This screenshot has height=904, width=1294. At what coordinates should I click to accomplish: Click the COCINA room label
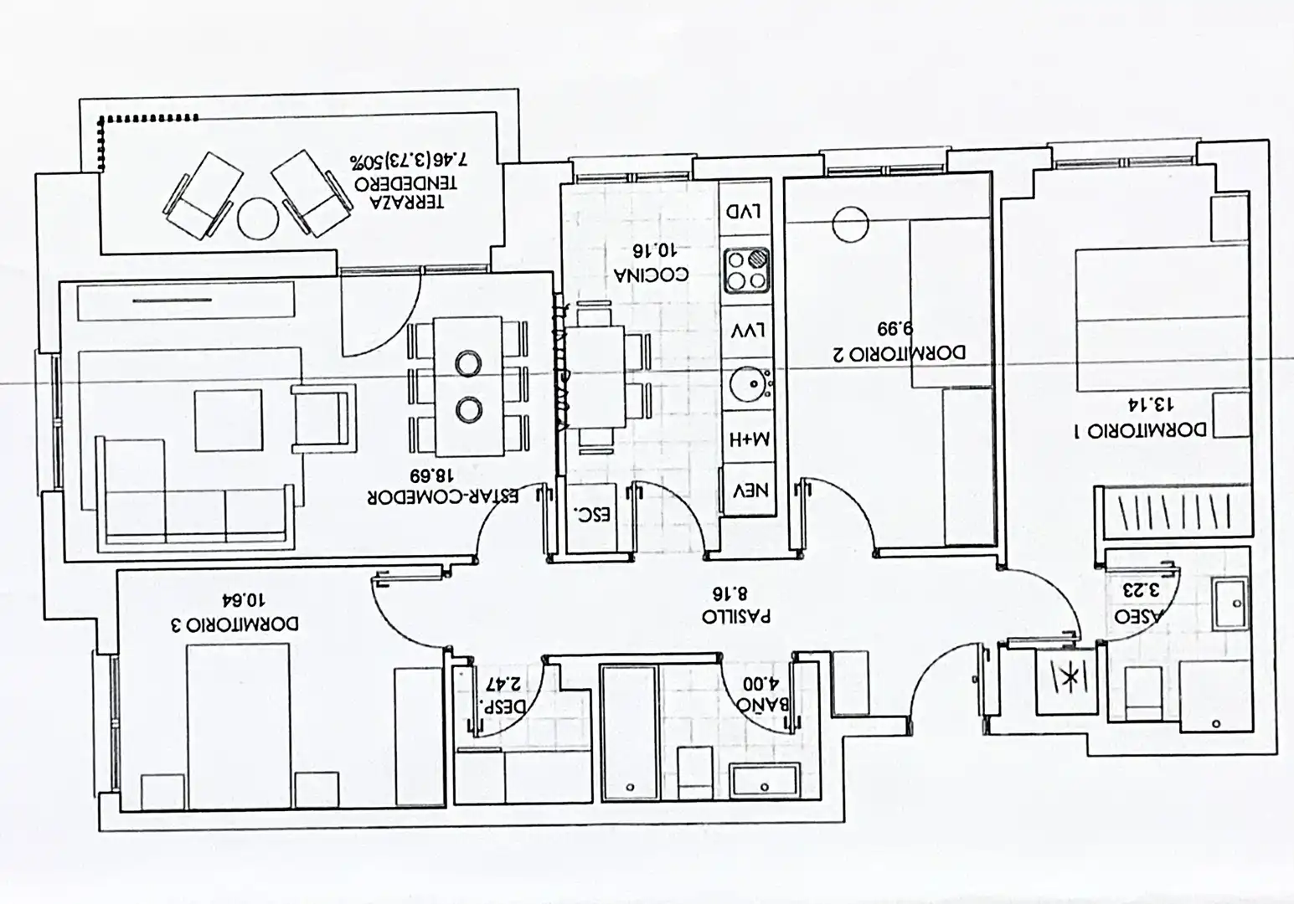point(651,275)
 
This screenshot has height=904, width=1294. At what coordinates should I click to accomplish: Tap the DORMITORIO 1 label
point(1140,430)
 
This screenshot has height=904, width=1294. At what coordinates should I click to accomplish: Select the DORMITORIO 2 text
point(899,352)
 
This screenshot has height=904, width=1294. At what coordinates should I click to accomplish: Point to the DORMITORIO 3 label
point(235,624)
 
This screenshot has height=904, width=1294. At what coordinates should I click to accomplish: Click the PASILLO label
point(736,616)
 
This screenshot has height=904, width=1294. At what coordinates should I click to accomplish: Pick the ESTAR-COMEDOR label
point(442,497)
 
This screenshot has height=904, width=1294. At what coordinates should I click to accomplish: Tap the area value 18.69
point(431,475)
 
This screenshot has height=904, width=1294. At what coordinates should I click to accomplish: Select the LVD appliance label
point(744,212)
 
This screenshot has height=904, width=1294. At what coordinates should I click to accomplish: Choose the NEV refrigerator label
point(750,491)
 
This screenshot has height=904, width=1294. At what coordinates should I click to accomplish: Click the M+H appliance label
point(750,440)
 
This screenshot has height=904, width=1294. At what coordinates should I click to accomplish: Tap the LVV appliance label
point(748,331)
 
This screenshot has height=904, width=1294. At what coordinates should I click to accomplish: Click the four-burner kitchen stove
point(746,270)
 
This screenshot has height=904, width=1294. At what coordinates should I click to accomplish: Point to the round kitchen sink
point(750,383)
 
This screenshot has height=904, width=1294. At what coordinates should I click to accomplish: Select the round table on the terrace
point(258,218)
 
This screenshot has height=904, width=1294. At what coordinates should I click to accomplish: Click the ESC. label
point(592,515)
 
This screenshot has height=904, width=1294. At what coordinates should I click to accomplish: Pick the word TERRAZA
point(407,202)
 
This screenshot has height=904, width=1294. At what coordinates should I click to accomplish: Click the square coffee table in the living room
point(228,420)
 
